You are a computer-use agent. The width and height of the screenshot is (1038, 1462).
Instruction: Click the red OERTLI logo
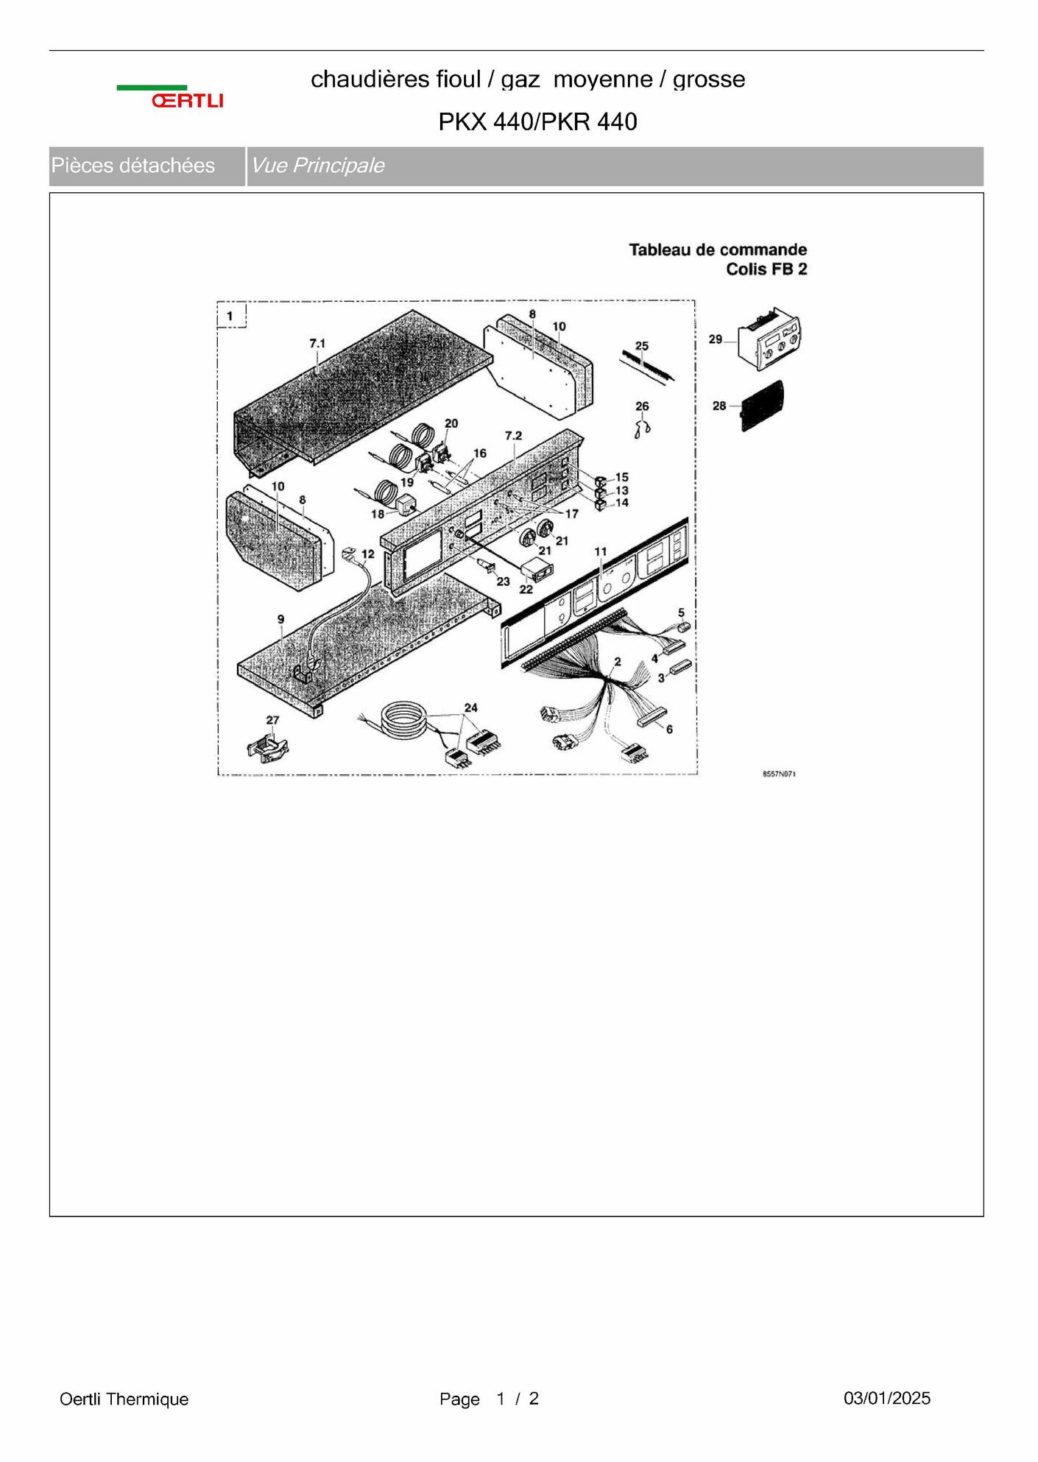pyautogui.click(x=187, y=100)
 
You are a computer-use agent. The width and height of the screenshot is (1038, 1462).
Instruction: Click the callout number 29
pyautogui.click(x=716, y=339)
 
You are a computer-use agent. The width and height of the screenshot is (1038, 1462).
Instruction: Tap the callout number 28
pyautogui.click(x=719, y=406)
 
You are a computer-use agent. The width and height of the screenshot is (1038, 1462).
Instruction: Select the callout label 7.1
pyautogui.click(x=317, y=343)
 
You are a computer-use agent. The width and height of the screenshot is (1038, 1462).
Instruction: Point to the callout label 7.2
pyautogui.click(x=513, y=436)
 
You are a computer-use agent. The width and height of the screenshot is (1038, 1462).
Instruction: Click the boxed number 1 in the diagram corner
pyautogui.click(x=230, y=317)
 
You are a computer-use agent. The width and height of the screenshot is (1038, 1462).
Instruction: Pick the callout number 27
pyautogui.click(x=272, y=720)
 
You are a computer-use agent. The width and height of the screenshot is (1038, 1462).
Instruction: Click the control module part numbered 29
pyautogui.click(x=769, y=340)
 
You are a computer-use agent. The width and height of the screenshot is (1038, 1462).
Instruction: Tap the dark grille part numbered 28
pyautogui.click(x=763, y=406)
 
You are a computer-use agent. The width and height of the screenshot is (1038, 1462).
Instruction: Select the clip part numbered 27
pyautogui.click(x=268, y=746)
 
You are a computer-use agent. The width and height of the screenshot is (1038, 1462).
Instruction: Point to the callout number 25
pyautogui.click(x=642, y=345)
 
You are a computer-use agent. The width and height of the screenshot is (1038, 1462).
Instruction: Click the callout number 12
pyautogui.click(x=367, y=554)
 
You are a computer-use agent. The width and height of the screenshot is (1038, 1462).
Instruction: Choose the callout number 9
pyautogui.click(x=280, y=619)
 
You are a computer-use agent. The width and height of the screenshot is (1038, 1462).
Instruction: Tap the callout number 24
pyautogui.click(x=470, y=707)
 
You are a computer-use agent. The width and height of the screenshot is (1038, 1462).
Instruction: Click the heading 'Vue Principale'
pyautogui.click(x=317, y=166)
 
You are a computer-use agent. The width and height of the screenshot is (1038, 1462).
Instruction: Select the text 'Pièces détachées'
pyautogui.click(x=133, y=166)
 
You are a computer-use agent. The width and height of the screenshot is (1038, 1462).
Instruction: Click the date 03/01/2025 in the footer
pyautogui.click(x=887, y=1398)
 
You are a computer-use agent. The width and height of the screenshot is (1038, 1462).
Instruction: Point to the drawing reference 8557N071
pyautogui.click(x=779, y=774)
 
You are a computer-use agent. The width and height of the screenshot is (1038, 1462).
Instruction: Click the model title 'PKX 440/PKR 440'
pyautogui.click(x=537, y=121)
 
